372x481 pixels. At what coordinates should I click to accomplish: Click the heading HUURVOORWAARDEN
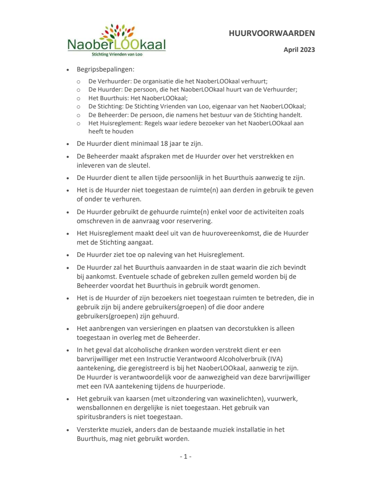click(272, 33)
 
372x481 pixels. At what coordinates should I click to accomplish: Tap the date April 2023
click(299, 50)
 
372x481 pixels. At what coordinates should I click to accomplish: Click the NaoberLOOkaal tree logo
click(116, 40)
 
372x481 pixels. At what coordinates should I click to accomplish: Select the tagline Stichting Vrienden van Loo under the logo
click(116, 54)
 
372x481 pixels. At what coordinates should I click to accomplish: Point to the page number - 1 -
click(186, 456)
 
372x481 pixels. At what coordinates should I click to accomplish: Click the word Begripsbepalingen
click(104, 70)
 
